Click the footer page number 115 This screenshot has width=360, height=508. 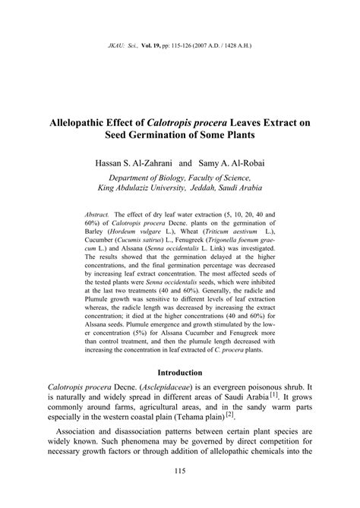[179, 493]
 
